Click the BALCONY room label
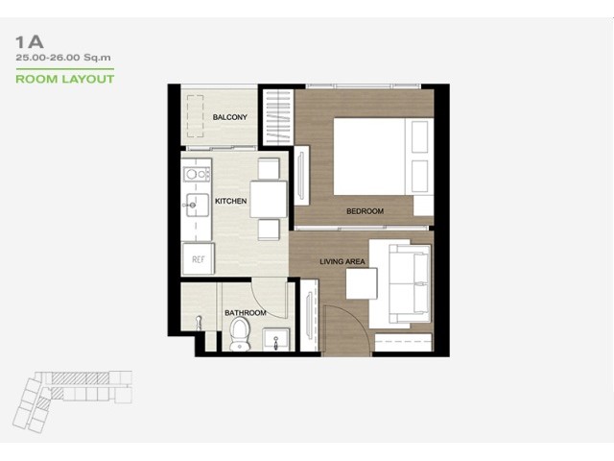tap(230, 117)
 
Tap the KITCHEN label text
tap(230, 201)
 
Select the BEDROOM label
tap(365, 211)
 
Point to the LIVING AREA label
tap(342, 261)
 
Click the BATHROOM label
tap(246, 313)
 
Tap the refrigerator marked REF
tap(199, 258)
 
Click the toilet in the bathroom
tap(240, 333)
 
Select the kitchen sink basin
tap(198, 205)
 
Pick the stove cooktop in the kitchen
tap(197, 174)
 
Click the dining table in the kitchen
tap(269, 199)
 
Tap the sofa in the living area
tap(410, 283)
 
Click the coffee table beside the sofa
tap(362, 283)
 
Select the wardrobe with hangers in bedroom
tap(278, 117)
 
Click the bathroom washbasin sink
tap(276, 339)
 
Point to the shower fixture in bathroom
tap(199, 323)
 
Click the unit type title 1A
tap(30, 42)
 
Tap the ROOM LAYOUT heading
tap(65, 79)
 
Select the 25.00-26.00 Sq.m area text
tap(63, 58)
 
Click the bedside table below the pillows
tap(424, 205)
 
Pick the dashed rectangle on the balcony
tap(195, 116)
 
